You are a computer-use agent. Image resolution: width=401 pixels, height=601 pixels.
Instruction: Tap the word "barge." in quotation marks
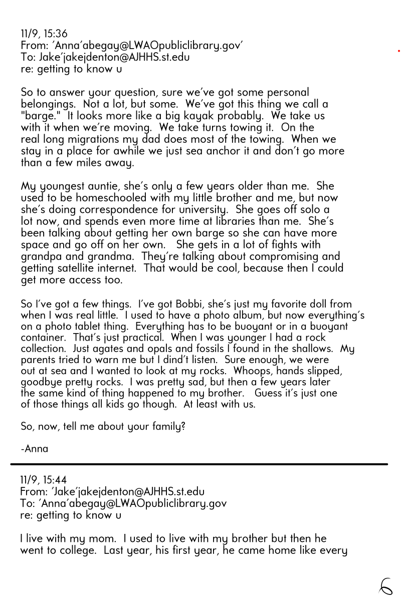(x=37, y=116)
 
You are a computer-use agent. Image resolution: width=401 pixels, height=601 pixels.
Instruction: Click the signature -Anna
(x=35, y=449)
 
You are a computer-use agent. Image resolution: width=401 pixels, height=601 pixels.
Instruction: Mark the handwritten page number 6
(x=386, y=585)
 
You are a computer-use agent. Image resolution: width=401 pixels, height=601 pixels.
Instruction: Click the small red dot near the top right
(x=398, y=51)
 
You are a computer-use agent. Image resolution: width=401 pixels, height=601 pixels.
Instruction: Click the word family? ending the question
(x=160, y=427)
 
